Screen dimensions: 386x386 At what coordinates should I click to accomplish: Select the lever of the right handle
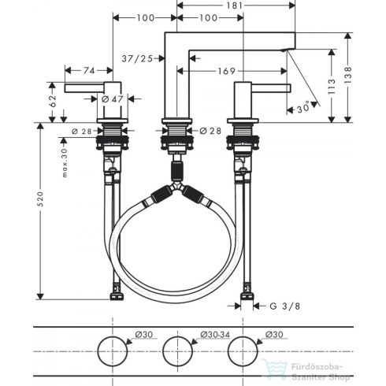tap(268, 86)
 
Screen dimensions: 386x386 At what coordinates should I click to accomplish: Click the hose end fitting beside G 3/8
tap(247, 297)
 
